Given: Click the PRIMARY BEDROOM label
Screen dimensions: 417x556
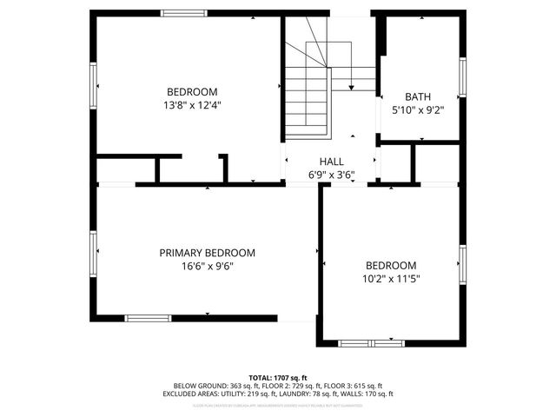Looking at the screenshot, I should tap(207, 253).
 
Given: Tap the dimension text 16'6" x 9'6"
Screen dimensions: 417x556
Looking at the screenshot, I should tap(207, 266).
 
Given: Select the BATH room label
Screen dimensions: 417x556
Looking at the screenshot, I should tap(418, 97).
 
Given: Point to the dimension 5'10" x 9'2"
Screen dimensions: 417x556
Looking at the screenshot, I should tap(418, 110).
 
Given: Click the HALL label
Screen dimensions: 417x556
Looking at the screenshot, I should tap(331, 162).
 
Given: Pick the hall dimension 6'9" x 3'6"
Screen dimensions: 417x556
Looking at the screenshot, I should tap(331, 175).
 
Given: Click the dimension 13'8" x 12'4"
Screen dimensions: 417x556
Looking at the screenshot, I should tap(192, 105).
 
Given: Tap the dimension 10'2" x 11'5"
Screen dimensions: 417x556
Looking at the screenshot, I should tap(390, 279).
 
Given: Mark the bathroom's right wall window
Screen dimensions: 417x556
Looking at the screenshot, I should tap(463, 76).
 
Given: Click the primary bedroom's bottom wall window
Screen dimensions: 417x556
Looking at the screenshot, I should tap(150, 317).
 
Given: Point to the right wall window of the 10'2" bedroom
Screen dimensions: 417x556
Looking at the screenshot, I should tap(463, 265).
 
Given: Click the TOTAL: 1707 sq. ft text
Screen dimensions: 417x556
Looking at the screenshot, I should tap(278, 378).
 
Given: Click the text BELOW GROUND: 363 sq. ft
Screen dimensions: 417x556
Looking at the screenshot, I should tap(212, 386).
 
